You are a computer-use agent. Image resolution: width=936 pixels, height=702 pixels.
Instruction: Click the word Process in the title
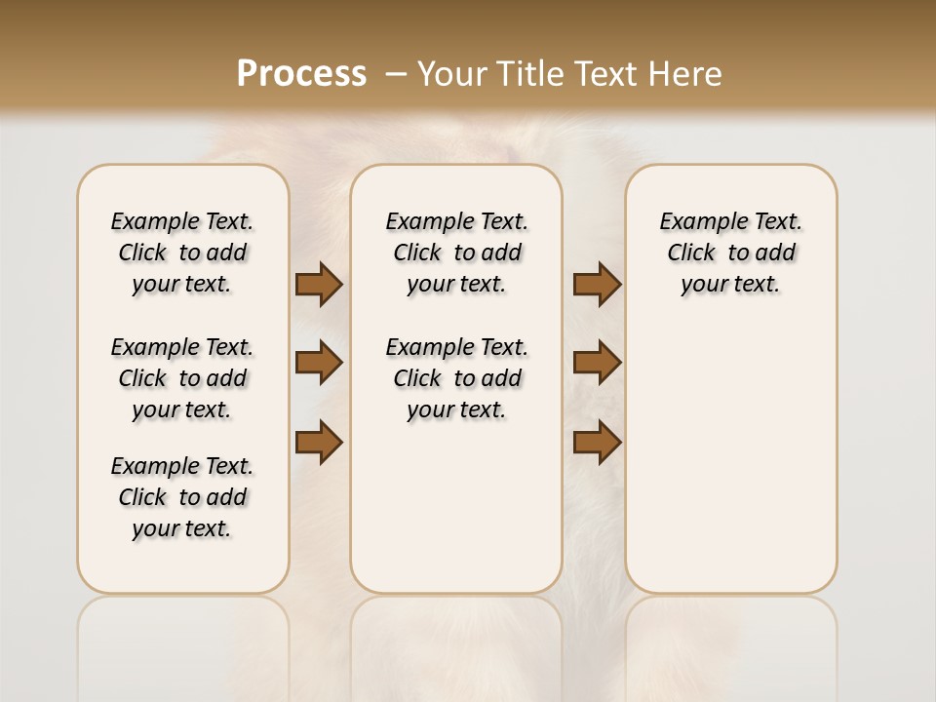point(301,73)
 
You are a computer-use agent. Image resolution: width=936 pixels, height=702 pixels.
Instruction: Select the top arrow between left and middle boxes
point(319,285)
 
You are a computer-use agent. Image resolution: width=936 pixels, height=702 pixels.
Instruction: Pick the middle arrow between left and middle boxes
point(319,363)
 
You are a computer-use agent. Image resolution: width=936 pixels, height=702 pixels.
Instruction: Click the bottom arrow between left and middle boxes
point(319,442)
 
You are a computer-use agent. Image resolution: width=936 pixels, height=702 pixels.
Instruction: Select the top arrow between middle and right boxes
point(597,285)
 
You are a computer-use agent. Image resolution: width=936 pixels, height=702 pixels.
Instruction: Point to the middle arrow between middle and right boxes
point(597,363)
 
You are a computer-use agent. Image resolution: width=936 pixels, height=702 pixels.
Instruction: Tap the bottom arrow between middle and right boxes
point(597,442)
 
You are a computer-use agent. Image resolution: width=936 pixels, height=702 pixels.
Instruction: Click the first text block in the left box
point(182,253)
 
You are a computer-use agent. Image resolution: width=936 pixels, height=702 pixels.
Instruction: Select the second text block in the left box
point(182,378)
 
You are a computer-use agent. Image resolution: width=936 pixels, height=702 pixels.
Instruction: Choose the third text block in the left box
point(182,497)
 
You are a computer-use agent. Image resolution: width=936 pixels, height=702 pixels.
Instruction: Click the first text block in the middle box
point(457,253)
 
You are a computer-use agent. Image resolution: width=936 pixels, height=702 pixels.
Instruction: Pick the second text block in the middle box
point(457,378)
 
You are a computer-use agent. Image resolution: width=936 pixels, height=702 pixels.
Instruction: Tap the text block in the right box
point(731,253)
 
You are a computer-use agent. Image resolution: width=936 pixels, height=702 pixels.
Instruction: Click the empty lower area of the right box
point(731,468)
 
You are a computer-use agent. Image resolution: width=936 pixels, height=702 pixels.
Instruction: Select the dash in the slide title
point(396,74)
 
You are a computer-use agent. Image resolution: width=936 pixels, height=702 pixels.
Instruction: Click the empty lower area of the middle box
point(457,517)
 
